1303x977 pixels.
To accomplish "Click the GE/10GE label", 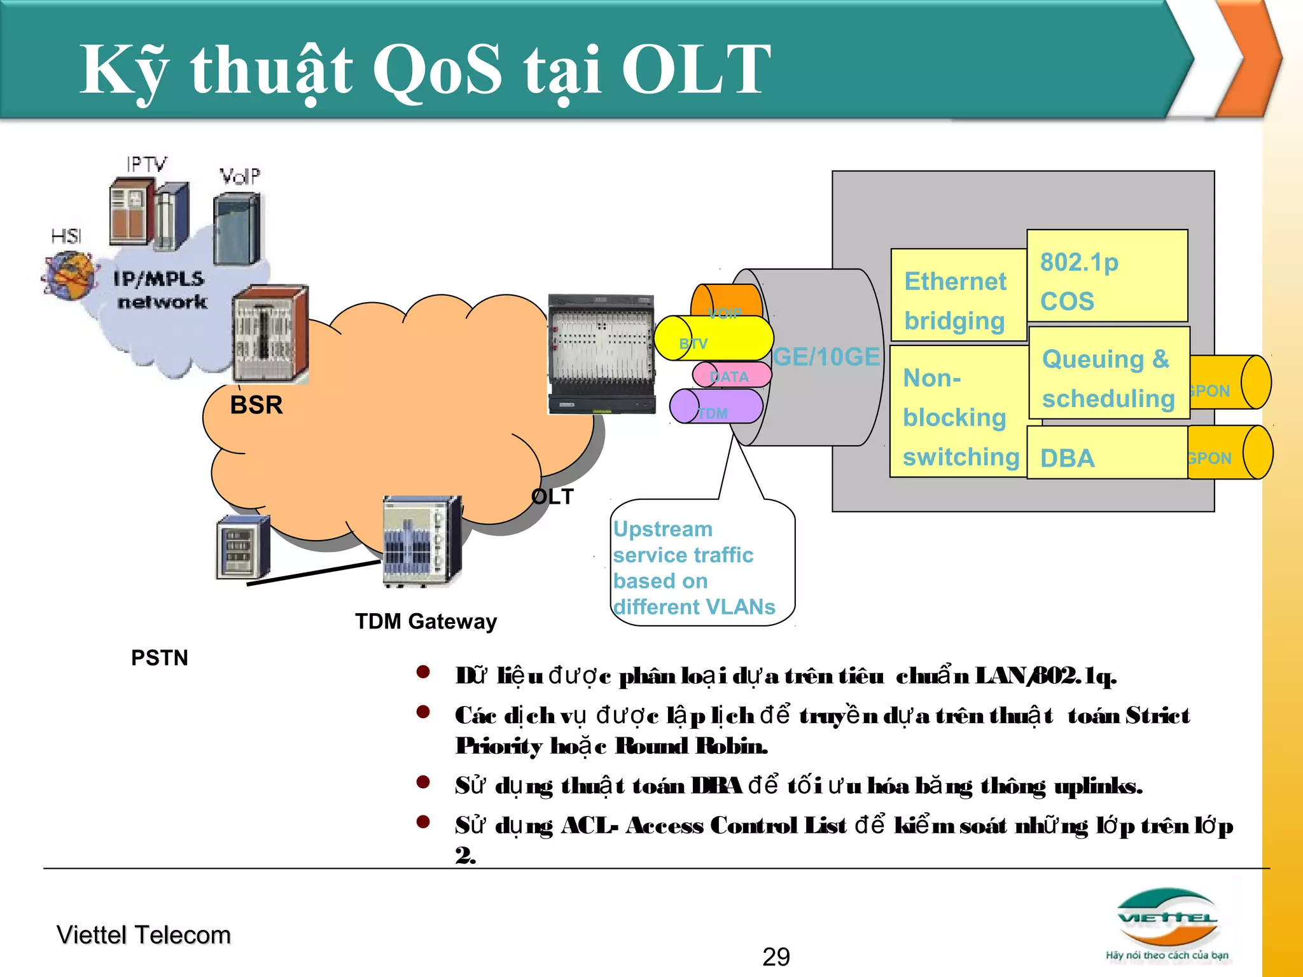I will pos(826,357).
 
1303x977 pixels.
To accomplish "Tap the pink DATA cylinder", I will pos(732,376).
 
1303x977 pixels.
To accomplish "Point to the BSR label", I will pos(256,405).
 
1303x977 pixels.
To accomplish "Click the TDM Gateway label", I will pos(426,621).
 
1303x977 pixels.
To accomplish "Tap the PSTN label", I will pos(159,658).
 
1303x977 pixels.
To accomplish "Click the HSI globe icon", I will pos(70,275).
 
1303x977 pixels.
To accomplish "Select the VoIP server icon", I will pos(237,228).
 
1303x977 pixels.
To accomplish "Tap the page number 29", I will pos(776,957).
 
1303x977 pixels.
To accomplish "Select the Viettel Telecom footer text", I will pos(144,935).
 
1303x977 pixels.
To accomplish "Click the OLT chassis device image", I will pos(601,354).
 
